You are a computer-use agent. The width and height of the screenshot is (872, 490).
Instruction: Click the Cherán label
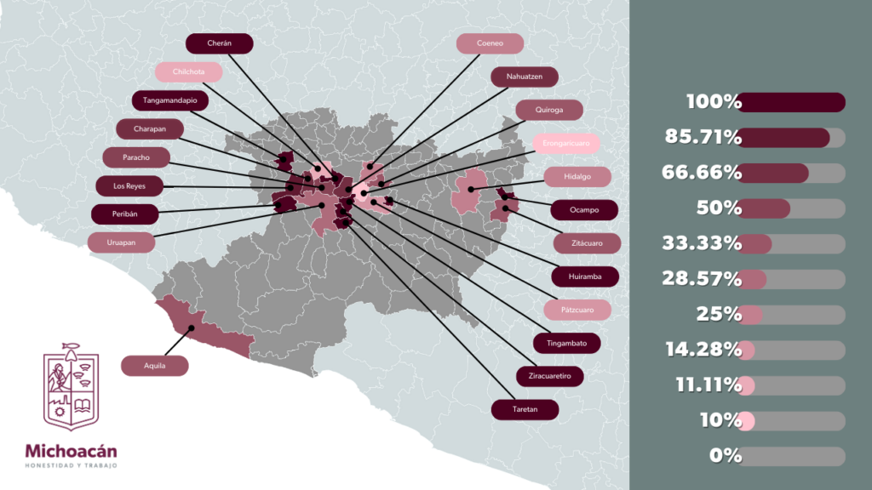pyautogui.click(x=219, y=43)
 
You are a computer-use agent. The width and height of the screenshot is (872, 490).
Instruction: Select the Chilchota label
pyautogui.click(x=188, y=72)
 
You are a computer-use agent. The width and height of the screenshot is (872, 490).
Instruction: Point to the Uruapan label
pyautogui.click(x=123, y=242)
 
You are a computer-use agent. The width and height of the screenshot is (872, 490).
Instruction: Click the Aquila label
pyautogui.click(x=154, y=366)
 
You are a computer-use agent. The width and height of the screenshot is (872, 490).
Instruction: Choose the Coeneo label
pyautogui.click(x=490, y=43)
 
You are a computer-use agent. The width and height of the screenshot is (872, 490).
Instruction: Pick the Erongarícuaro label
pyautogui.click(x=565, y=142)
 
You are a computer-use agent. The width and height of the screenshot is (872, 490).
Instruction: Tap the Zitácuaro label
pyautogui.click(x=588, y=243)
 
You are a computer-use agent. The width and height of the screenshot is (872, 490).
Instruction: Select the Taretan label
pyautogui.click(x=525, y=409)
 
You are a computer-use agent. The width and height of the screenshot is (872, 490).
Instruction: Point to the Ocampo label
pyautogui.click(x=584, y=209)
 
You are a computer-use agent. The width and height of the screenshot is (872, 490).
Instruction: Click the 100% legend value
pyautogui.click(x=714, y=103)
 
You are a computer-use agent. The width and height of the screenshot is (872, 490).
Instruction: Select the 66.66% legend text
pyautogui.click(x=702, y=174)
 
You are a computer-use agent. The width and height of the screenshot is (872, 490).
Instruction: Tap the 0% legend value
pyautogui.click(x=726, y=456)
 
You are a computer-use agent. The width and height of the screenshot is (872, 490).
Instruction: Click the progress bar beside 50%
pyautogui.click(x=791, y=208)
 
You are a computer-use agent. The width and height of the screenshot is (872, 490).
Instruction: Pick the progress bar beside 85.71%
pyautogui.click(x=791, y=138)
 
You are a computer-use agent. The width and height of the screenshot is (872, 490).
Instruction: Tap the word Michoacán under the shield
pyautogui.click(x=71, y=452)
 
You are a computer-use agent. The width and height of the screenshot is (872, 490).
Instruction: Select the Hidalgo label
pyautogui.click(x=577, y=177)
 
